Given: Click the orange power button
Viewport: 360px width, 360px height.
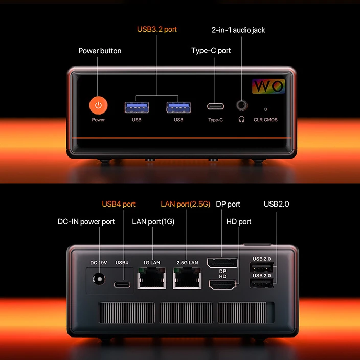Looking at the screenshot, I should click(x=98, y=105).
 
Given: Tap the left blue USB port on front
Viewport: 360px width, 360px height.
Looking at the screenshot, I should click(x=137, y=107).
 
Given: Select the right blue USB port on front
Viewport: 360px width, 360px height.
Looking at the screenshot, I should click(x=178, y=107).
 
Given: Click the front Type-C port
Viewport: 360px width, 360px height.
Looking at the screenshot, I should click(x=215, y=107).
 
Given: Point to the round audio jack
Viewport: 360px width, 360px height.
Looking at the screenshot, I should click(x=241, y=105).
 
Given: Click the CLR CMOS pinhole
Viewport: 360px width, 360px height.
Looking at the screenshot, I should click(x=265, y=109).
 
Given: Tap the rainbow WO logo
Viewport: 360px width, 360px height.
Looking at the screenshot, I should click(x=269, y=86).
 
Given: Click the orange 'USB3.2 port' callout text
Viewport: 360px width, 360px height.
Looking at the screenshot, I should click(x=156, y=29).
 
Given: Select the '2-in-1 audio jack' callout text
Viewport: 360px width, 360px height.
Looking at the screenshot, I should click(x=238, y=30).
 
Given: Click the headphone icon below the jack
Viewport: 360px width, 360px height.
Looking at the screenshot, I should click(x=241, y=119).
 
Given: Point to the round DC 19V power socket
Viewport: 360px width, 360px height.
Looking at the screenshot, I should click(x=98, y=279).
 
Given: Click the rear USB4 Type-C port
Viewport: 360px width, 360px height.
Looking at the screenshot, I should click(x=122, y=285).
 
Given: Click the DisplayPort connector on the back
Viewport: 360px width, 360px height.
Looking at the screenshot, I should click(x=222, y=263).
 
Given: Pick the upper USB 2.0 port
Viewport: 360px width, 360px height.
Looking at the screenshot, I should click(x=262, y=267).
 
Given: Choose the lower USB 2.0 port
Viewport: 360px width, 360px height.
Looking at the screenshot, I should click(x=262, y=284).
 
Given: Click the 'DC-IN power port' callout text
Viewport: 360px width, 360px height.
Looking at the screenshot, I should click(x=86, y=221).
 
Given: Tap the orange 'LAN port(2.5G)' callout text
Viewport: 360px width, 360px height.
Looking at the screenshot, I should click(x=185, y=204).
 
